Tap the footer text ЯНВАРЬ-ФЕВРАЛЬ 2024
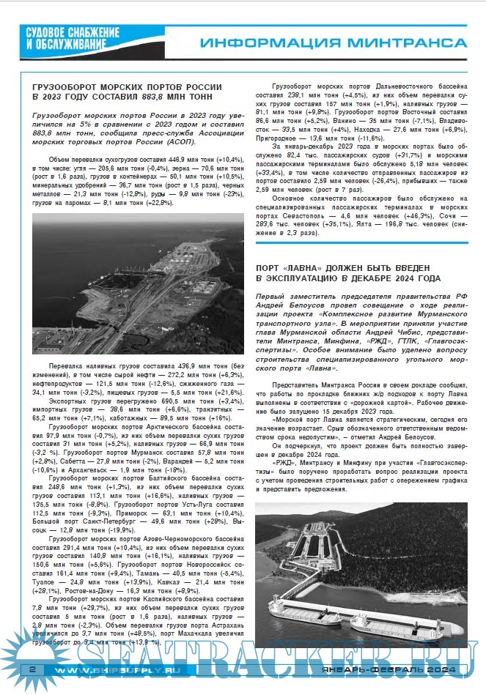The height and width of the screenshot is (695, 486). coord(394,671)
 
